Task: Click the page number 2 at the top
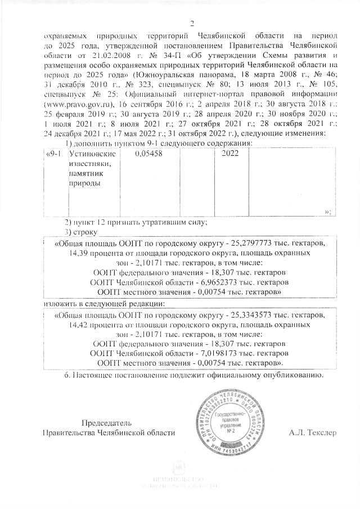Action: (x=192, y=23)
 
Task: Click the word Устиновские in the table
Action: (x=87, y=154)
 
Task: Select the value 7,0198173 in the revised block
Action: (x=219, y=354)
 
